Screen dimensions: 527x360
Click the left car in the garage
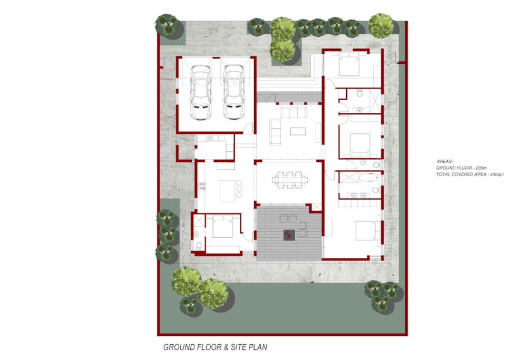click(201, 92)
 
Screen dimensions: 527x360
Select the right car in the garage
click(233, 92)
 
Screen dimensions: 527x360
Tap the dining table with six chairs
click(290, 180)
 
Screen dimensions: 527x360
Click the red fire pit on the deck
click(289, 235)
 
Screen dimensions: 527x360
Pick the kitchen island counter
click(228, 191)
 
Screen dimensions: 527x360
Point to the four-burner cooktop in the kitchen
click(202, 186)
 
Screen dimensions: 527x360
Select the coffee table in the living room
click(298, 131)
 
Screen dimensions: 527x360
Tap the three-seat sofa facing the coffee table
click(294, 113)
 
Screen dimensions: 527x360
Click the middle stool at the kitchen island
click(239, 189)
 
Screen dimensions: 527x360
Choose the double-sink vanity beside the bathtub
click(358, 195)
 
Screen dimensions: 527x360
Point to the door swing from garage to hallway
click(248, 128)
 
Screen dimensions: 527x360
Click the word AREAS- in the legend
click(445, 161)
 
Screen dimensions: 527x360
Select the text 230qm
click(497, 174)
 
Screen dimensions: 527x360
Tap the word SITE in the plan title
click(239, 347)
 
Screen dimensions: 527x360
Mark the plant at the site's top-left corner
click(167, 25)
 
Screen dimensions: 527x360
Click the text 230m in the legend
click(480, 168)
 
